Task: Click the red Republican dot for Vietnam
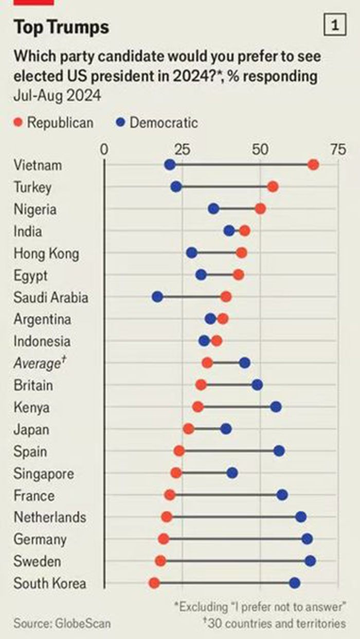click(313, 165)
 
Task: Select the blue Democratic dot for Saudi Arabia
click(157, 297)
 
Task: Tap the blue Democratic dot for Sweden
click(310, 560)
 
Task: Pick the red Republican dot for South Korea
click(154, 582)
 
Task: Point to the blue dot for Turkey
click(176, 187)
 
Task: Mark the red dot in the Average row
click(207, 363)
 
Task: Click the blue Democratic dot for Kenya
click(276, 407)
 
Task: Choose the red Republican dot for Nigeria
click(260, 209)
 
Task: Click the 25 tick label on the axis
click(182, 150)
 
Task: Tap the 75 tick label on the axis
click(338, 150)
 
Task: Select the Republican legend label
click(60, 123)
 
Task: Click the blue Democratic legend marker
click(120, 123)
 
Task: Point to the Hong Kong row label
click(46, 253)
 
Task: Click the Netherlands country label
click(50, 517)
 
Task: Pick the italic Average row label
click(37, 363)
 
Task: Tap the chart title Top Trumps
click(61, 27)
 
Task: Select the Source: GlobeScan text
click(62, 624)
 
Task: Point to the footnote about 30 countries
click(274, 624)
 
